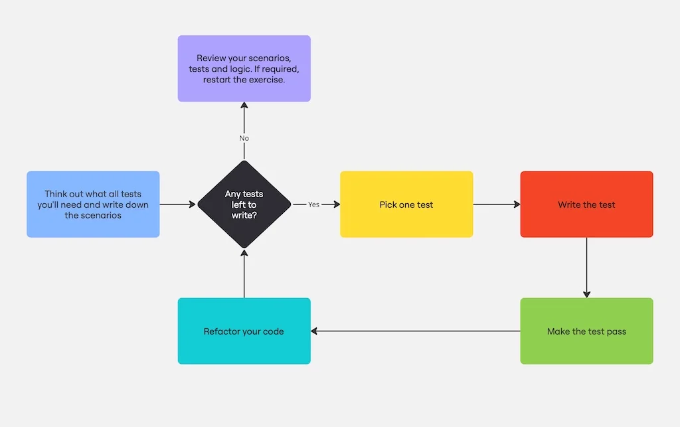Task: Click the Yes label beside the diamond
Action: (313, 205)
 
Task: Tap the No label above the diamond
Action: (244, 138)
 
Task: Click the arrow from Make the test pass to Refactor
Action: (415, 331)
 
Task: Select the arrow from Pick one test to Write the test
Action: (496, 205)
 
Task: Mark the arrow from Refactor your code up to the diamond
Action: (244, 274)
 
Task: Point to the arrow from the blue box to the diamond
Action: (178, 205)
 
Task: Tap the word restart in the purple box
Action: (219, 80)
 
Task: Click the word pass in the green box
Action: (616, 331)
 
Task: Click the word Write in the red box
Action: (569, 205)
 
